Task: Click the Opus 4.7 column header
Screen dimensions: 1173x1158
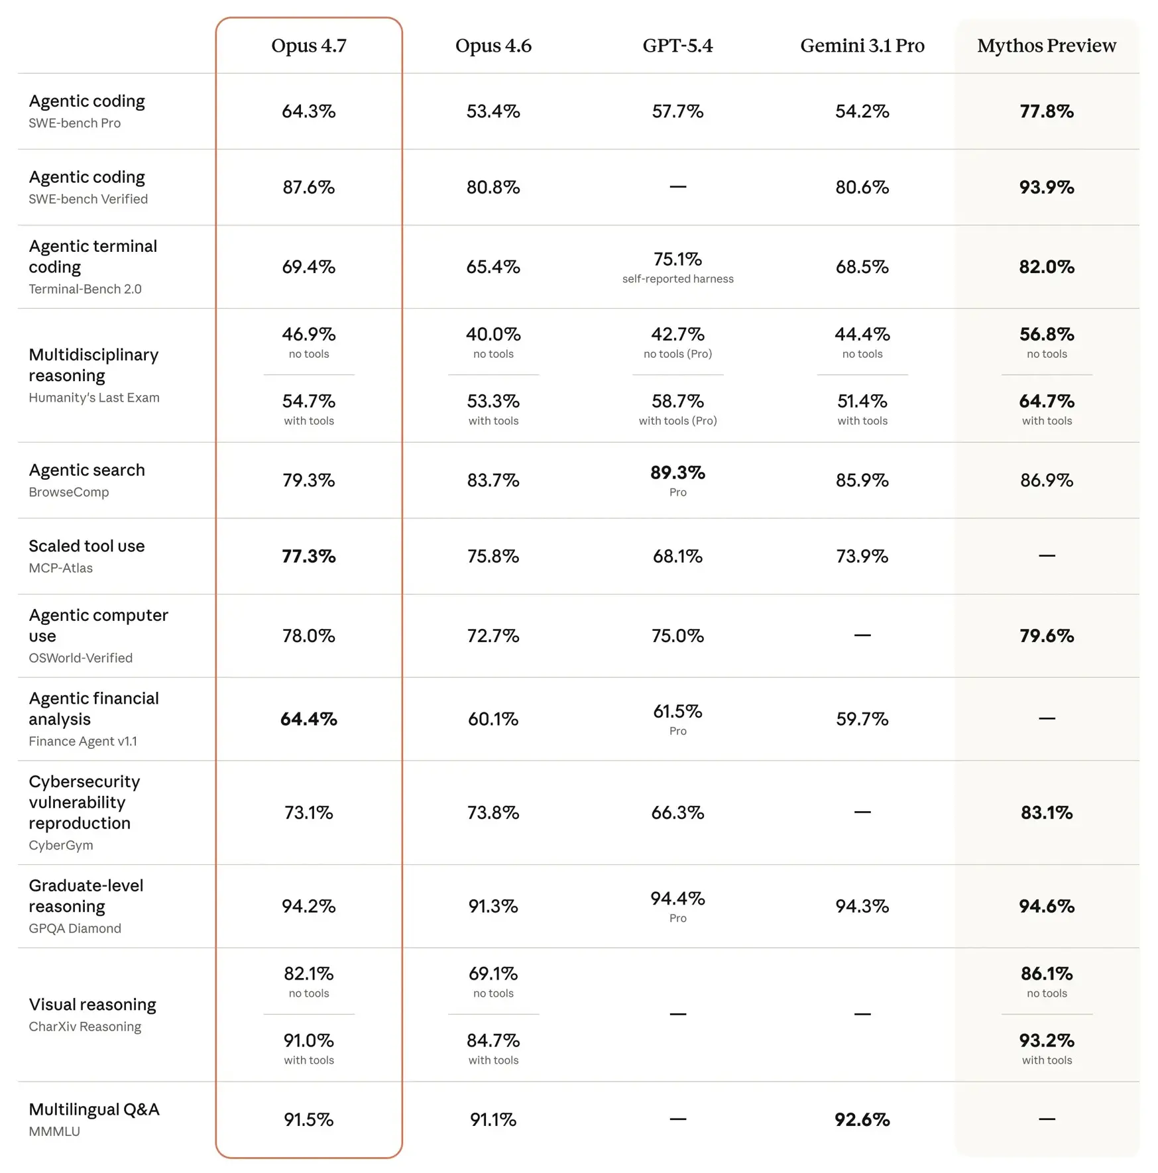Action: click(x=309, y=46)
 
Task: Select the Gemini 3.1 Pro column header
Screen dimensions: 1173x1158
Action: click(x=862, y=46)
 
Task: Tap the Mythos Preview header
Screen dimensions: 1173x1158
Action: click(x=1046, y=46)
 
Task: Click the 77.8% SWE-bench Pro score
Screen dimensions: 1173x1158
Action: click(x=1046, y=111)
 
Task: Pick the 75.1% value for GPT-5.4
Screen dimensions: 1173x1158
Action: click(x=677, y=259)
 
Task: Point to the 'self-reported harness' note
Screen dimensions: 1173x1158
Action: click(x=677, y=279)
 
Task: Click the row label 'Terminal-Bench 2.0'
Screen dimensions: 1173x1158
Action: click(x=85, y=289)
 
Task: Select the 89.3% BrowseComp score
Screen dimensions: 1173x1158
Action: click(x=677, y=473)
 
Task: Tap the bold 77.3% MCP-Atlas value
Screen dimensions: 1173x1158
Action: click(x=309, y=556)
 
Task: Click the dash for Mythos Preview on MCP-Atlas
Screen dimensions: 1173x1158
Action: click(x=1046, y=555)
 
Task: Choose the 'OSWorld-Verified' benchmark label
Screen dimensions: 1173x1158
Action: click(x=80, y=658)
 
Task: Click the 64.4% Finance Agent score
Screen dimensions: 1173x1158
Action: click(x=309, y=719)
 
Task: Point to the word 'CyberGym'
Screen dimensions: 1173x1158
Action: click(x=60, y=845)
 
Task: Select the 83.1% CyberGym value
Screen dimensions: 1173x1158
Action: click(x=1046, y=812)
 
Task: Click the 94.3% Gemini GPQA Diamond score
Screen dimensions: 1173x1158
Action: click(x=862, y=906)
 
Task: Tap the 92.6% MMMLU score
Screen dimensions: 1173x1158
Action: click(x=862, y=1119)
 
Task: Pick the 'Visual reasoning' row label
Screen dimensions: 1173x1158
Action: click(x=92, y=1005)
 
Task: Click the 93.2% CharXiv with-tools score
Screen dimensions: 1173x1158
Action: click(x=1046, y=1040)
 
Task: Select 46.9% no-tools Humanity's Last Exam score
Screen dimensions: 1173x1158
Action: click(x=309, y=334)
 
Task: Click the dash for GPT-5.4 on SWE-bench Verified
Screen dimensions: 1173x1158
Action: click(x=677, y=187)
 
